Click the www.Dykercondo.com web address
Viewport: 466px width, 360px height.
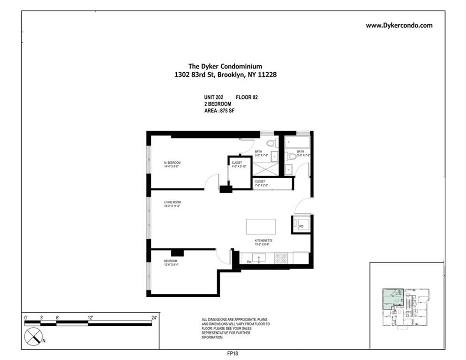[399, 25]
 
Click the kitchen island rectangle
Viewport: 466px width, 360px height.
[261, 227]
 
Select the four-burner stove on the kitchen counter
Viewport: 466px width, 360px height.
[281, 257]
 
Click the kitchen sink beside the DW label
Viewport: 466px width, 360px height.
[259, 258]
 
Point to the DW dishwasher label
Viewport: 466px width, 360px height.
[249, 261]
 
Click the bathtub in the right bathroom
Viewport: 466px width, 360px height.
[297, 142]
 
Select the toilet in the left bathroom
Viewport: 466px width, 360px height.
[271, 143]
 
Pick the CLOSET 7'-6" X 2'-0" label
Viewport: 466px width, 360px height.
[260, 183]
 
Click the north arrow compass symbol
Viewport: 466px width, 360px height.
[33, 337]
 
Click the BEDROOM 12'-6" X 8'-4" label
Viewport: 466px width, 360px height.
[171, 262]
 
